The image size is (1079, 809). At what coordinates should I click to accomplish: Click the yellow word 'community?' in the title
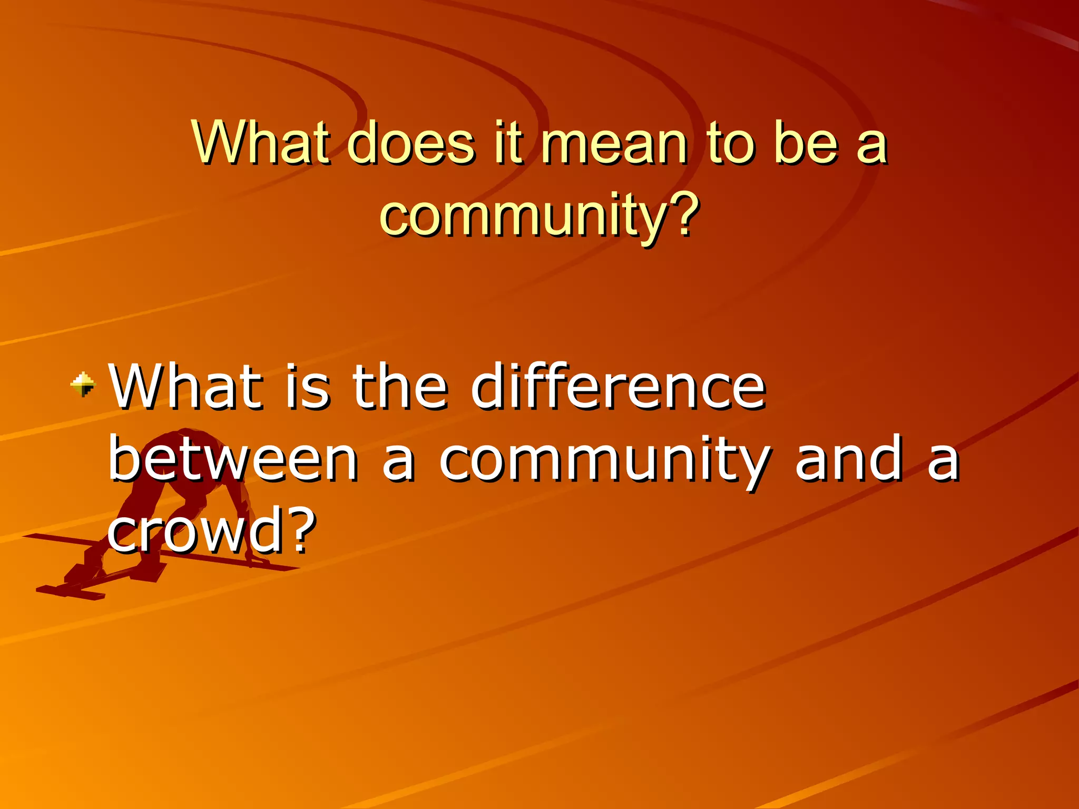(539, 215)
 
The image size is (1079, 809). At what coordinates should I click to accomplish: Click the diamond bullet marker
(83, 383)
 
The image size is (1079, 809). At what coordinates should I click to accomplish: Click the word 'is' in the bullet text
(308, 387)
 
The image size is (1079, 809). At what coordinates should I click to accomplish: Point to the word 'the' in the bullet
(400, 387)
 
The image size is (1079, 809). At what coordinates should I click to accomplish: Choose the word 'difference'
(619, 387)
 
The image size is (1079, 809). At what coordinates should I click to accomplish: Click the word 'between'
(233, 460)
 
